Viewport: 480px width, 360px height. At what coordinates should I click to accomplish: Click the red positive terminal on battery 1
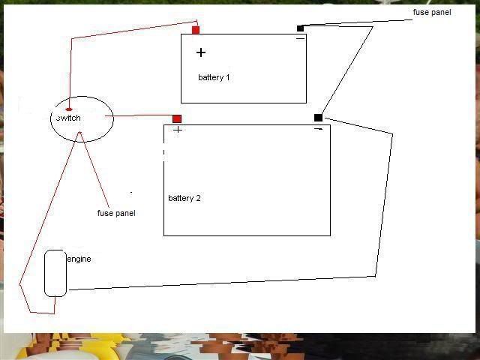[x=196, y=30]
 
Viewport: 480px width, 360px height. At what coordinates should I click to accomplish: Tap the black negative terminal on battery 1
[x=300, y=28]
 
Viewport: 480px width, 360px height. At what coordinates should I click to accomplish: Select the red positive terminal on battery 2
[x=177, y=118]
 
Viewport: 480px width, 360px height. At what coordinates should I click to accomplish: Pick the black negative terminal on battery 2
[x=318, y=118]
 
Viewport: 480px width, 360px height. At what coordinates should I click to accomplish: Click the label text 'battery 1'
[x=214, y=77]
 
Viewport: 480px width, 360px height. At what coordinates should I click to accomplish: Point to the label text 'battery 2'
[x=184, y=198]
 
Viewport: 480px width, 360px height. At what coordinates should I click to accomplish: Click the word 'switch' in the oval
[x=68, y=118]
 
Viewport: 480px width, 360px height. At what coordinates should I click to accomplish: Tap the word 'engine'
[x=79, y=259]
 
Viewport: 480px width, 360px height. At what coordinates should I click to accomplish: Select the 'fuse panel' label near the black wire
[x=432, y=12]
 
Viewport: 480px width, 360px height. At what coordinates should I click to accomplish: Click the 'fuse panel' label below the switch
[x=116, y=213]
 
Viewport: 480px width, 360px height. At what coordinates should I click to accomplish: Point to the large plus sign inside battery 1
[x=201, y=52]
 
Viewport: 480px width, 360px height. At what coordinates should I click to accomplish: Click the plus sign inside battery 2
[x=178, y=130]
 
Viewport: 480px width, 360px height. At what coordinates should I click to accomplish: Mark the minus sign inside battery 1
[x=301, y=38]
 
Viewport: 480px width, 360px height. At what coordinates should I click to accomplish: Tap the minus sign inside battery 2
[x=318, y=129]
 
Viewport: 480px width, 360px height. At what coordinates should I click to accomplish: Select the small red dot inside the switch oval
[x=69, y=109]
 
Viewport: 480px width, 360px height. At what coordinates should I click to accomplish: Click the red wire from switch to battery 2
[x=139, y=115]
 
